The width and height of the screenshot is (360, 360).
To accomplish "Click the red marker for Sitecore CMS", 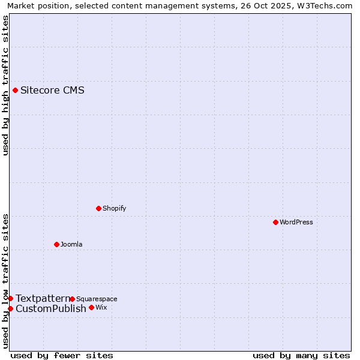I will (15, 91).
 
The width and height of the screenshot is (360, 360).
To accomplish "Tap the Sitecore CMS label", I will (52, 91).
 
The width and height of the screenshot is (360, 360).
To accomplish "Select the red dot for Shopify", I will (98, 208).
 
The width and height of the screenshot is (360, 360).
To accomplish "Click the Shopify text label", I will (114, 208).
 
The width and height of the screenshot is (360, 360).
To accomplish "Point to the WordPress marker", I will (275, 222).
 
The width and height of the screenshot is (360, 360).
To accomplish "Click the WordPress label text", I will (296, 222).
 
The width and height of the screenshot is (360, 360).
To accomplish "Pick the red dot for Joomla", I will (56, 244).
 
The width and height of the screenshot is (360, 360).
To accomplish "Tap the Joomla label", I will (71, 244).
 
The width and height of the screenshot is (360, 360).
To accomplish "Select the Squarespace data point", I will (72, 299).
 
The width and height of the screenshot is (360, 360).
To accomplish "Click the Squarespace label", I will (97, 299).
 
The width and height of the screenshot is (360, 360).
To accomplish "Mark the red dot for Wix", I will (91, 307).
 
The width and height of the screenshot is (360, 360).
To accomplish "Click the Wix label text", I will (101, 307).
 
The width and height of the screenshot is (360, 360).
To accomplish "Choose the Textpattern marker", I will (10, 298).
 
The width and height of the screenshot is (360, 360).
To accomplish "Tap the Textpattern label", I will (43, 298).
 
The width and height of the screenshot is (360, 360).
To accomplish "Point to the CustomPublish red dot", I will (10, 308).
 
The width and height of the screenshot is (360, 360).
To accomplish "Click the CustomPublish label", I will (51, 308).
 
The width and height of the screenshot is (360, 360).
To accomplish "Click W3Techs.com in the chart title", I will (326, 6).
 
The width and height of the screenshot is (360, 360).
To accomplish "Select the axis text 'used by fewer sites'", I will (62, 355).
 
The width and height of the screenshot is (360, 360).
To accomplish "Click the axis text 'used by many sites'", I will (301, 355).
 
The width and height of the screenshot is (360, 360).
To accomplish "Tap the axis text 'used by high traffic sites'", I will (6, 85).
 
